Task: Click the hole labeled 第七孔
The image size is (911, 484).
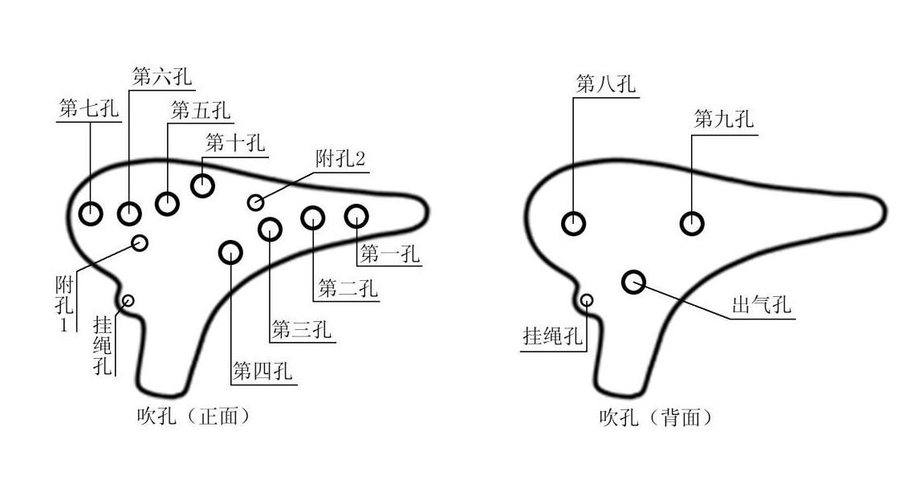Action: [91, 214]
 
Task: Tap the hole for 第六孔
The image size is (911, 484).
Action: [129, 214]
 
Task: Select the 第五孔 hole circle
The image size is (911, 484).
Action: [167, 204]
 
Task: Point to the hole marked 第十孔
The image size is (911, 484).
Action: [202, 185]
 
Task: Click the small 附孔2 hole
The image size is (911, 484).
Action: [255, 202]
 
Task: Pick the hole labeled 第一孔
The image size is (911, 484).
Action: [356, 215]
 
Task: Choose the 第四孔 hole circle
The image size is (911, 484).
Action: [230, 252]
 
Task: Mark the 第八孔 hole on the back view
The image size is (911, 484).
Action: [573, 223]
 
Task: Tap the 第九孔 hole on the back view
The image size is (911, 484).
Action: [692, 223]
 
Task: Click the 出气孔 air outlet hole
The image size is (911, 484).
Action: [633, 281]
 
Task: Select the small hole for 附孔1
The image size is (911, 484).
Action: [140, 242]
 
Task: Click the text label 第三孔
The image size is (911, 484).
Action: [301, 330]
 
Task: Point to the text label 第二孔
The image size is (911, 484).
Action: [348, 288]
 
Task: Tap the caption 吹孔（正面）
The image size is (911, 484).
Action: [193, 416]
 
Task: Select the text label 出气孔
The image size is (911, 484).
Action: [761, 306]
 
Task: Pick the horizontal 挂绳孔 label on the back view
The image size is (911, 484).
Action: [552, 336]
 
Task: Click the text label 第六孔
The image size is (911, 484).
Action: [161, 76]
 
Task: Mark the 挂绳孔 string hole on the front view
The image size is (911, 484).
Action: [127, 301]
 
